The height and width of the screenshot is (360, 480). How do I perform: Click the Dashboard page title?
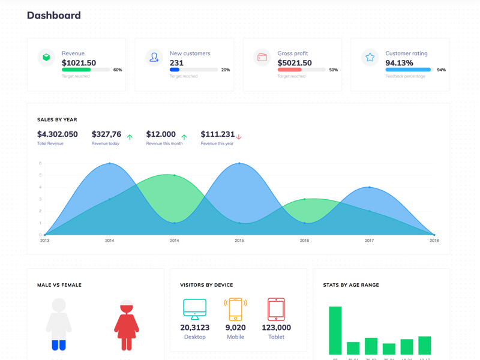click(x=53, y=16)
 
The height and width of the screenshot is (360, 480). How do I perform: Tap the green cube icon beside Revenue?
click(x=46, y=58)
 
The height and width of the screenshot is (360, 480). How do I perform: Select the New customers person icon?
click(x=154, y=58)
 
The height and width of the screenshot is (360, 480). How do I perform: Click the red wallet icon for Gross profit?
click(x=262, y=58)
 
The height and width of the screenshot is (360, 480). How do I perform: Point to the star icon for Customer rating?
click(x=370, y=58)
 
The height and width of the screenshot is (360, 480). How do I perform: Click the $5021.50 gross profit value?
click(x=295, y=63)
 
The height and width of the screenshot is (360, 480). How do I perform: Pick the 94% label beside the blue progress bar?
click(x=441, y=70)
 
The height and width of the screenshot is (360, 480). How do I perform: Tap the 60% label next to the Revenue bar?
click(x=118, y=70)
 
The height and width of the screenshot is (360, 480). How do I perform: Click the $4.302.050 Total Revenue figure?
click(x=58, y=134)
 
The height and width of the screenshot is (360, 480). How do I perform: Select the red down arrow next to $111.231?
click(x=239, y=137)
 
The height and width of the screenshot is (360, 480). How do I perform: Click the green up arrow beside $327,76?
click(x=130, y=137)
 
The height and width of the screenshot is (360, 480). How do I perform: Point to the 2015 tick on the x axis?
click(x=239, y=241)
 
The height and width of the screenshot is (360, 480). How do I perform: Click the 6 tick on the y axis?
click(x=40, y=163)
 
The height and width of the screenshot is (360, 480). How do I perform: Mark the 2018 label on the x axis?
click(x=434, y=241)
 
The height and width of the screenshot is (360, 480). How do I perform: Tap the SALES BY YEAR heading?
click(x=57, y=120)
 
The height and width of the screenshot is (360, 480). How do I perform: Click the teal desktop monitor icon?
click(x=195, y=309)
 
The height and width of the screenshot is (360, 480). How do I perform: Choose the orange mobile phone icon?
click(x=235, y=309)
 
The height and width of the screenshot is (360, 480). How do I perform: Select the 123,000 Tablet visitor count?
click(x=276, y=328)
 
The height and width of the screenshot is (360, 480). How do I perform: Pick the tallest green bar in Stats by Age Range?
click(x=335, y=330)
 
